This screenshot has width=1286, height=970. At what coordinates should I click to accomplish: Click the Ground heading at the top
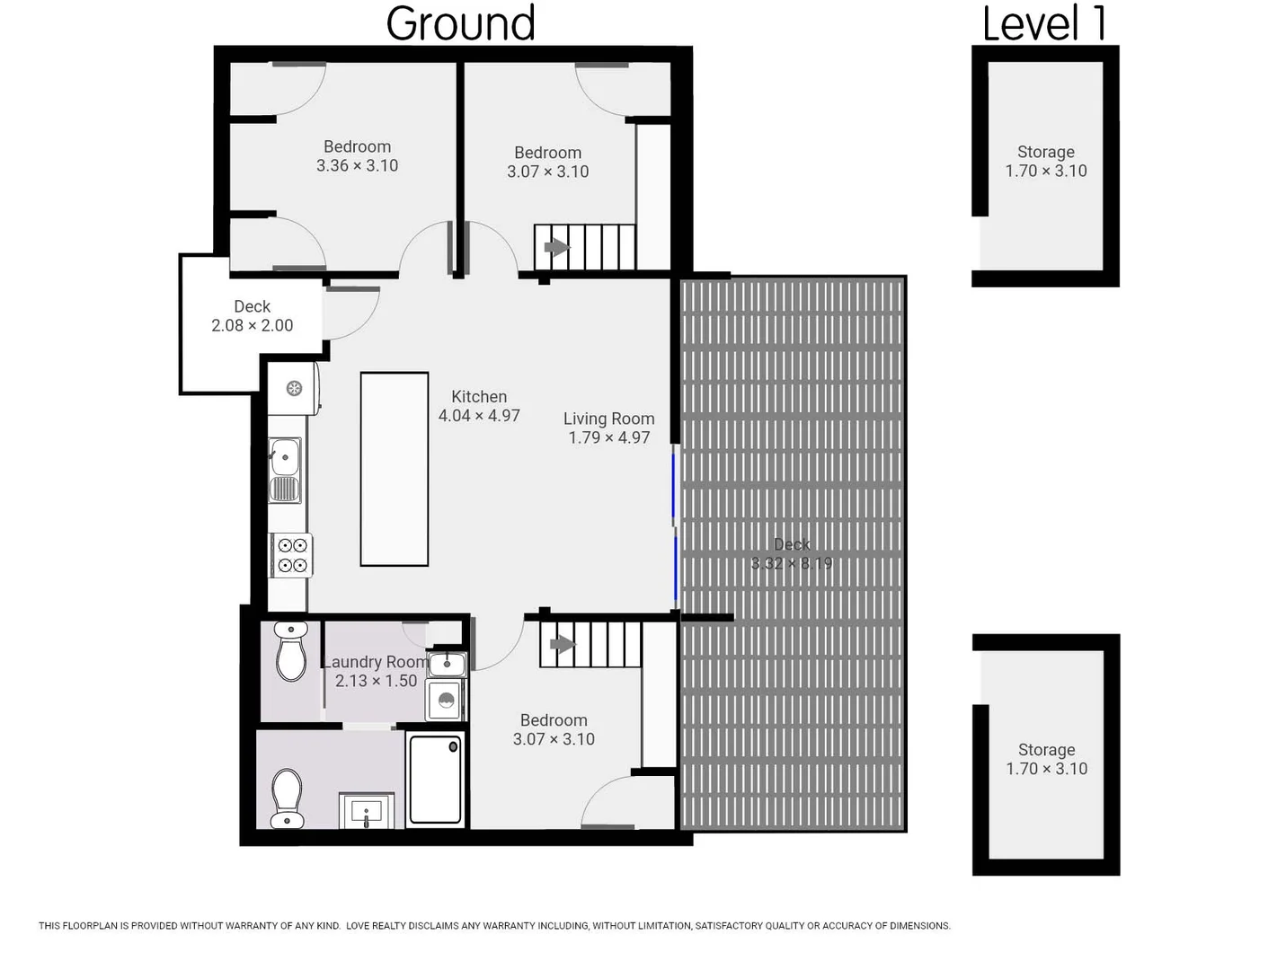[460, 23]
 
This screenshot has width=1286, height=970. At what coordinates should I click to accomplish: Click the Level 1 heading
[1044, 23]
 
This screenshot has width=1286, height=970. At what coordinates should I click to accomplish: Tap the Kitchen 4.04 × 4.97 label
[479, 406]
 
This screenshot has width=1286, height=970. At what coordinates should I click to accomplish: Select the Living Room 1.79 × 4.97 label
[608, 428]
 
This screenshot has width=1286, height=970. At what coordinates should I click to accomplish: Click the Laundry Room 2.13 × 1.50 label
[376, 671]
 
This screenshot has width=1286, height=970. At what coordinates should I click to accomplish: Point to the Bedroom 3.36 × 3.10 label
[357, 155]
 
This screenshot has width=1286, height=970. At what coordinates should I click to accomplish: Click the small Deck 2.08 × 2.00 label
[252, 316]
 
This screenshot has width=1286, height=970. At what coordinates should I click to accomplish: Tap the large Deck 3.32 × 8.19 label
[791, 554]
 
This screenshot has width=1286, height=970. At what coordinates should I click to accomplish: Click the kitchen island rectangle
[394, 469]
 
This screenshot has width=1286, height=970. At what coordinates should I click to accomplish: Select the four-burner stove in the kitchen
[291, 555]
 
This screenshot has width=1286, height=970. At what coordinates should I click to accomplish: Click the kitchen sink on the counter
[285, 458]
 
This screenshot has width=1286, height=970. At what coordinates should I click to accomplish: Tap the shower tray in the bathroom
[436, 779]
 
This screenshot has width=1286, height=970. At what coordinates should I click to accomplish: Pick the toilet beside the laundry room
[290, 651]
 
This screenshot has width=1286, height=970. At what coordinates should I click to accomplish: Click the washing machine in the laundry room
[446, 700]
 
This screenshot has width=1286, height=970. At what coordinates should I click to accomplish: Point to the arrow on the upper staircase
[555, 247]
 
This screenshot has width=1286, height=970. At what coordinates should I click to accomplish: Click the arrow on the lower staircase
[562, 644]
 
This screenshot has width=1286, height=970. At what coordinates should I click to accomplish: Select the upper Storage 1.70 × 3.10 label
[1045, 161]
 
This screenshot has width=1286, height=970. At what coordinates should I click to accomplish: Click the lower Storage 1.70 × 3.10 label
[1046, 759]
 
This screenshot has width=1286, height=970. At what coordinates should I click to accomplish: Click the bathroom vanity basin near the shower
[367, 813]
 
